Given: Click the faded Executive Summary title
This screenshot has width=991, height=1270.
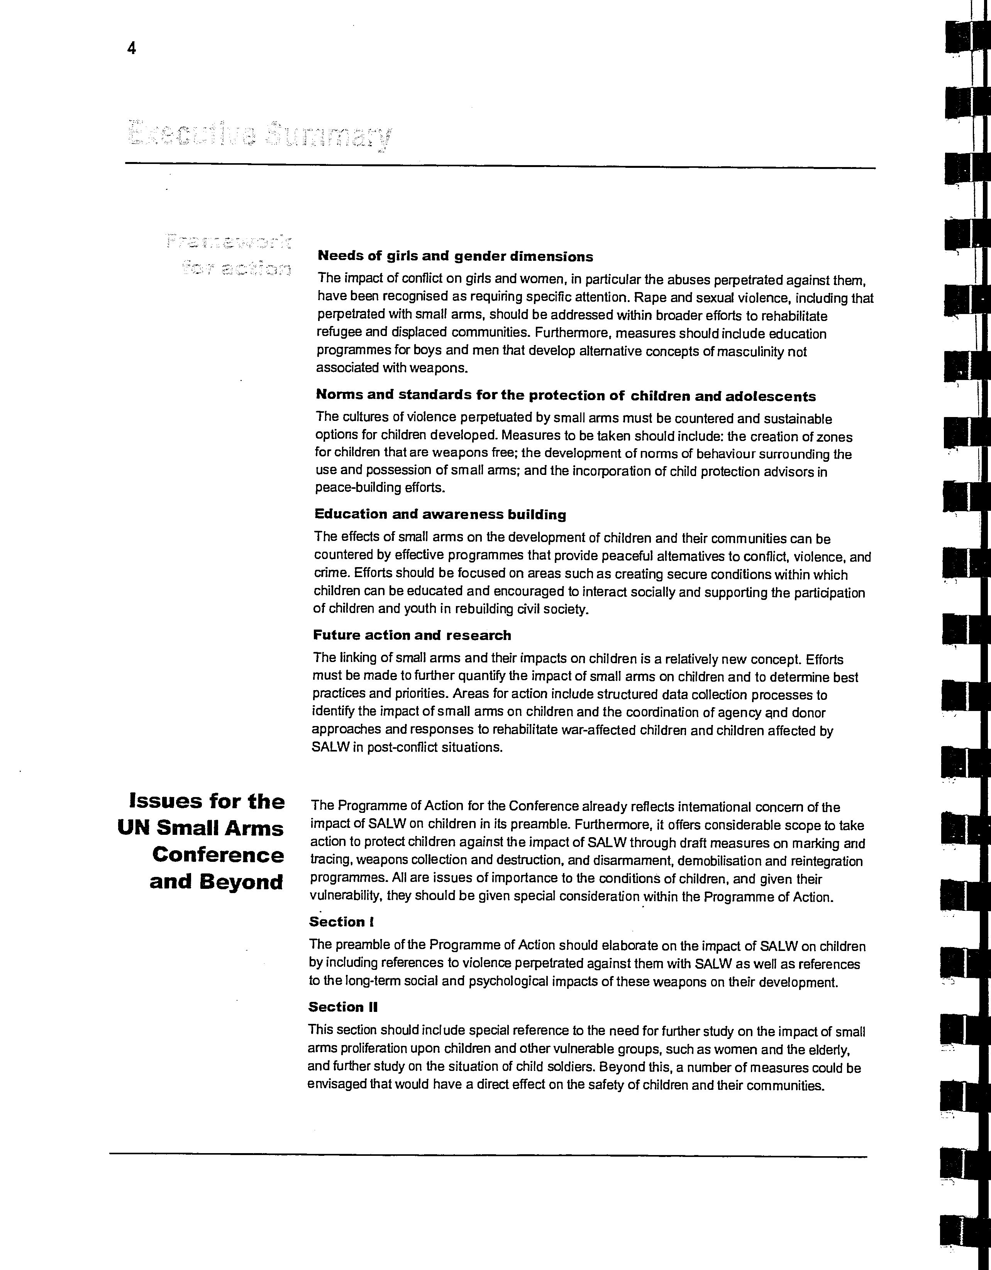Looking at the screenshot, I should click(259, 135).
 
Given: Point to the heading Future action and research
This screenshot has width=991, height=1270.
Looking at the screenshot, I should click(412, 635).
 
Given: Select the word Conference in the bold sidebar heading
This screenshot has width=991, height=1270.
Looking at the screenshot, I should click(218, 855).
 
